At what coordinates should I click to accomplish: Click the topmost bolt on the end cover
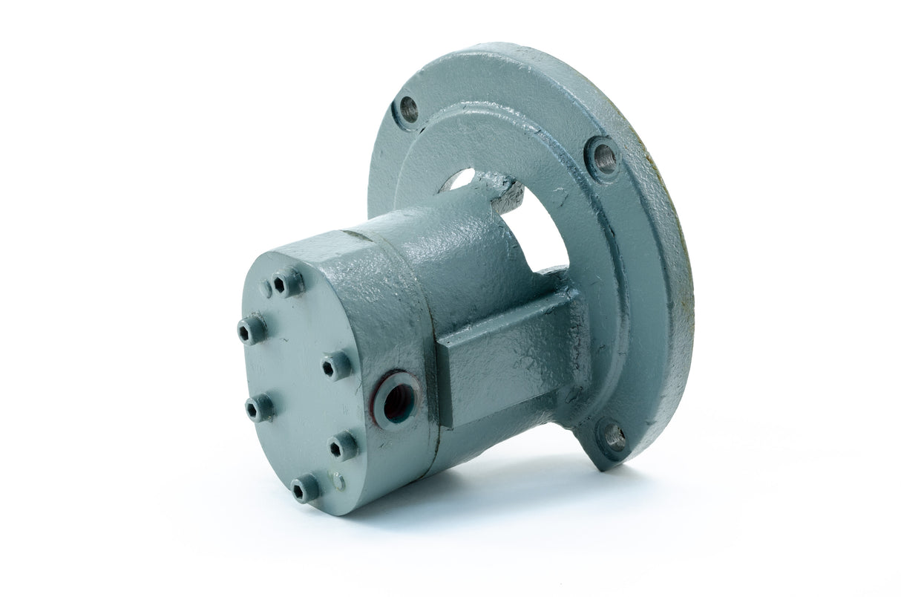(x=288, y=282)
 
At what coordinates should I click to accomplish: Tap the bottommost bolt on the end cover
(x=305, y=489)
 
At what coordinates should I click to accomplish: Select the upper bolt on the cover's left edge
(x=252, y=328)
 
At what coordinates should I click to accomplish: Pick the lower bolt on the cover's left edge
(x=259, y=407)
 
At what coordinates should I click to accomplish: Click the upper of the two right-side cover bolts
(x=335, y=365)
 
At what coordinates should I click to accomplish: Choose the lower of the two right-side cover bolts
(x=342, y=446)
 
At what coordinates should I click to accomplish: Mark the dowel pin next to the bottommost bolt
(x=338, y=482)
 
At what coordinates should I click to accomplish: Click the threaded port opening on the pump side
(x=395, y=401)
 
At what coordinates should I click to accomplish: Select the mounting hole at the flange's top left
(x=408, y=110)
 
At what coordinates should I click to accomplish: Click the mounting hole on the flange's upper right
(x=604, y=157)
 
